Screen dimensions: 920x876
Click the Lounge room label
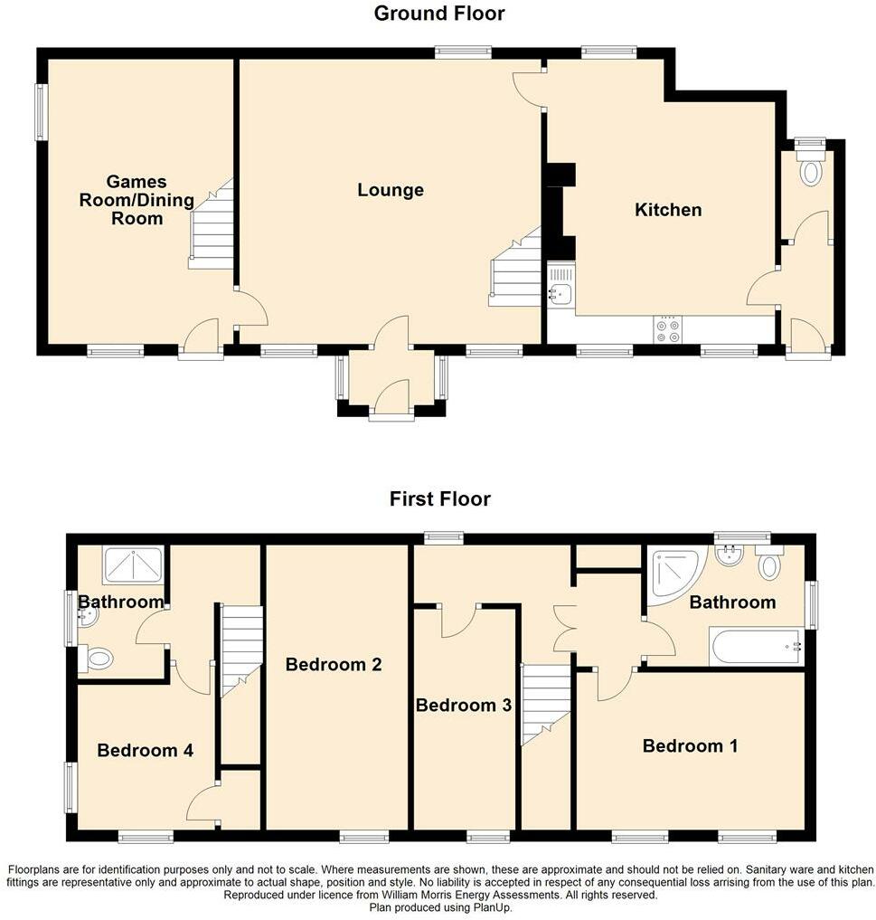click(x=390, y=190)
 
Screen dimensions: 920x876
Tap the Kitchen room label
click(x=668, y=210)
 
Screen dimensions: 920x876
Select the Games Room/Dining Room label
click(x=121, y=200)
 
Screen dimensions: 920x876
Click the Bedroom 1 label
click(x=690, y=745)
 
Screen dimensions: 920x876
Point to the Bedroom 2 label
click(x=334, y=664)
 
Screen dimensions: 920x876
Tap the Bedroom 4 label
click(x=145, y=750)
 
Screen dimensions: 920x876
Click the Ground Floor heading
click(x=439, y=14)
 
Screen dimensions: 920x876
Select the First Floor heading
click(x=439, y=498)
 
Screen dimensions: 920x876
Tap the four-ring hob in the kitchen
click(x=670, y=329)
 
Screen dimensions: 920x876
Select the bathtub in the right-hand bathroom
click(x=756, y=648)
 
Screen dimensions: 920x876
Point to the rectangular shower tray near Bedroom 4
click(x=134, y=565)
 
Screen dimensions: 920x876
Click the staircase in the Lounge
click(x=516, y=269)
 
